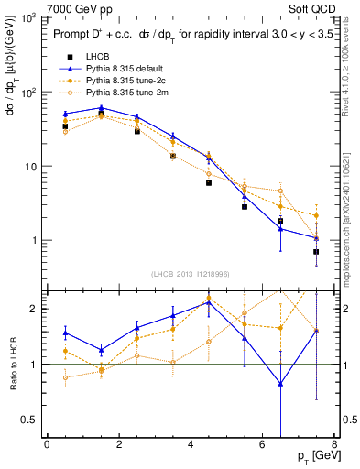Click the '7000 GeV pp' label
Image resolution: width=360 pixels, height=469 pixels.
tap(70, 7)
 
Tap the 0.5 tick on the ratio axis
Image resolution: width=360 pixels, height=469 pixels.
tap(34, 420)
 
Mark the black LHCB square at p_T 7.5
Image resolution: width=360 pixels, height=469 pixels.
tap(316, 251)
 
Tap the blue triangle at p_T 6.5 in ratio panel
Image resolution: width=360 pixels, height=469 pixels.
tap(280, 383)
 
